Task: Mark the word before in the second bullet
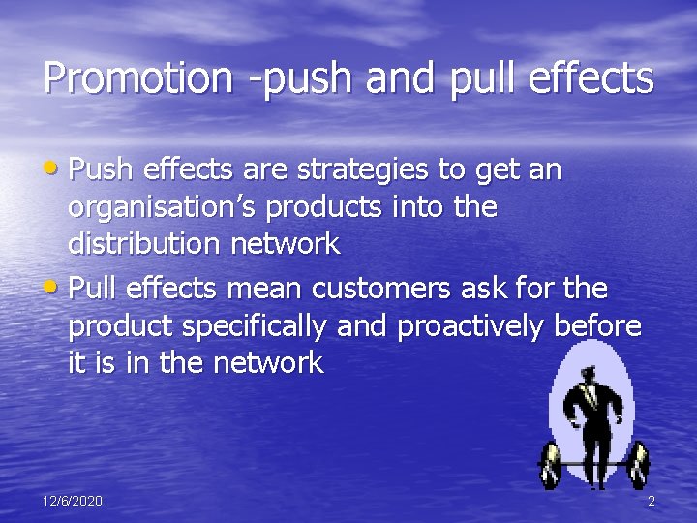point(597,326)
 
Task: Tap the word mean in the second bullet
point(255,289)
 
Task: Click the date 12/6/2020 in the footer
point(73,501)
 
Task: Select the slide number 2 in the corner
point(652,501)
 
